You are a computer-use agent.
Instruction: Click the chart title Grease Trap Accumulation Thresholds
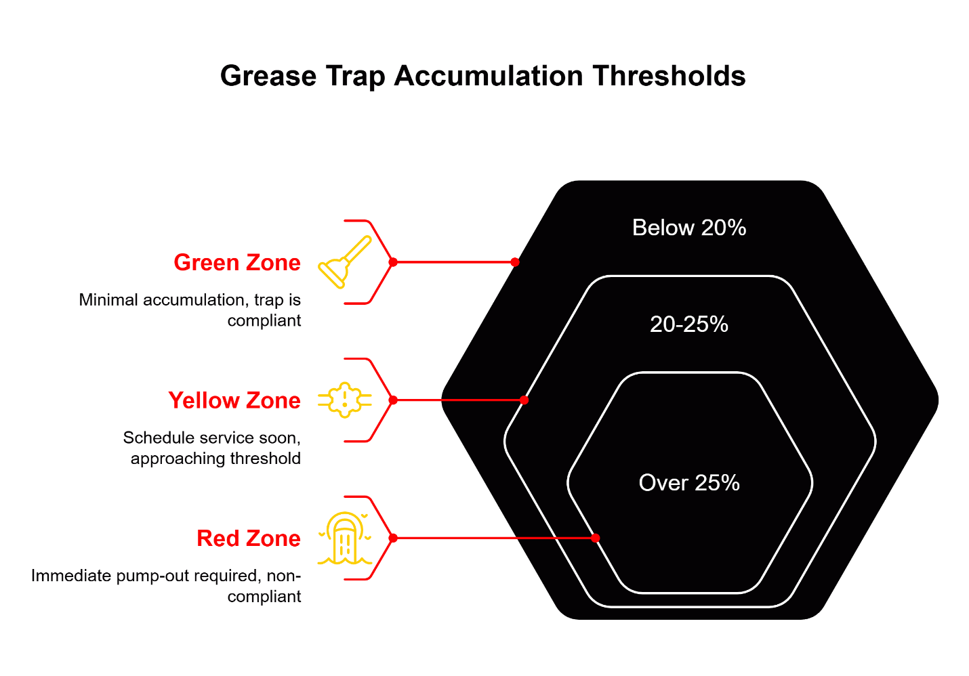[482, 76]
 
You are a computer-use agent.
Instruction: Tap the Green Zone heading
[236, 262]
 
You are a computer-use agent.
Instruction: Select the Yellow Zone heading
[234, 400]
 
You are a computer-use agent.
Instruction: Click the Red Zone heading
[248, 538]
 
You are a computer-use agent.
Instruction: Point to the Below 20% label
[688, 228]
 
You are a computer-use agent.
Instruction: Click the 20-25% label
[688, 324]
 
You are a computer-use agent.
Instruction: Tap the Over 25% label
[688, 483]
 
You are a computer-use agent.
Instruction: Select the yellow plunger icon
[345, 262]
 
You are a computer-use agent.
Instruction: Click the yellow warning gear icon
[345, 400]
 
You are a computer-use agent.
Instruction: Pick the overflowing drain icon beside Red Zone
[345, 538]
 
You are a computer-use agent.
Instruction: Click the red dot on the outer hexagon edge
[515, 262]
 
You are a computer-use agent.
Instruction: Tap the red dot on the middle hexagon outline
[524, 400]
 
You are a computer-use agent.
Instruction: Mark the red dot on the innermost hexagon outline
[595, 538]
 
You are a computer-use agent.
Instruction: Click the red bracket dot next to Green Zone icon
[393, 262]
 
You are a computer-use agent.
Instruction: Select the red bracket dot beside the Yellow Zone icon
[393, 400]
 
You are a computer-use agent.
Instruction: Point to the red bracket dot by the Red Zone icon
[393, 538]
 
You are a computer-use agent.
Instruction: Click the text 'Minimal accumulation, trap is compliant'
[190, 310]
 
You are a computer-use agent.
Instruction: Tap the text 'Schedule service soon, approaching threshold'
[212, 448]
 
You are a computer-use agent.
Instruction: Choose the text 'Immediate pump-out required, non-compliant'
[166, 586]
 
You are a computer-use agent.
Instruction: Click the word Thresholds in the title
[669, 76]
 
